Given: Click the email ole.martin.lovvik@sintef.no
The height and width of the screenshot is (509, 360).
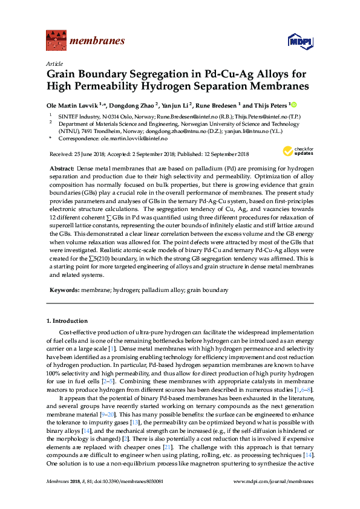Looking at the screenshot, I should coord(117,138).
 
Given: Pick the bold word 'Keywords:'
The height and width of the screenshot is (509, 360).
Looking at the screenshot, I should coord(64,290).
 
